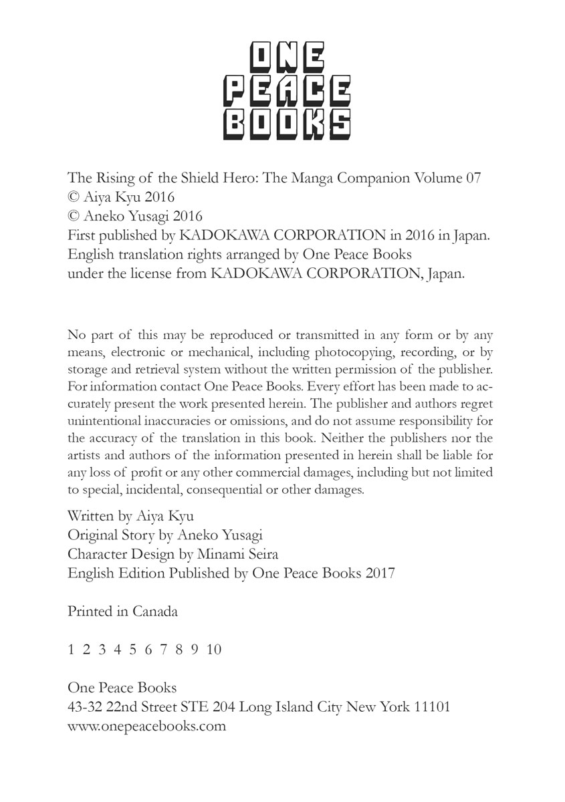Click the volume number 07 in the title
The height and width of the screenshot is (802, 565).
472,178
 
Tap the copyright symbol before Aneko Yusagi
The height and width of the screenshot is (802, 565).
74,217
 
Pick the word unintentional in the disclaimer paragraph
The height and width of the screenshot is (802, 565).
103,420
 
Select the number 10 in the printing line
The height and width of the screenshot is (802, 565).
214,649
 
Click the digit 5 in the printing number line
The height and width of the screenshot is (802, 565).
132,649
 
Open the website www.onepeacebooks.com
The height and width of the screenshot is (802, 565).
147,726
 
